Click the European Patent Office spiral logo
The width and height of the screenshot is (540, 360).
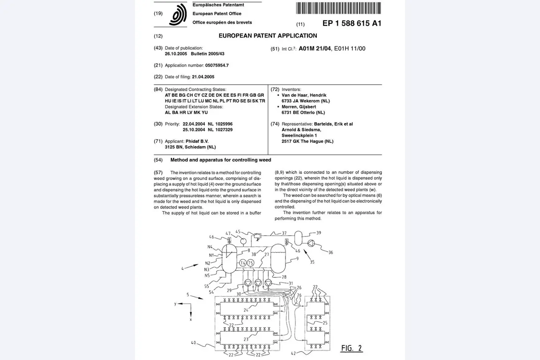coord(178,14)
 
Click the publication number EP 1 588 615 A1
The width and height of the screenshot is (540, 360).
coord(352,23)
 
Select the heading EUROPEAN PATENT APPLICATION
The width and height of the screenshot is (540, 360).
coord(267,36)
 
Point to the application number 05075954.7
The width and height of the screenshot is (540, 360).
coord(217,65)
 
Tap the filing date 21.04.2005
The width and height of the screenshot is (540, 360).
coord(203,77)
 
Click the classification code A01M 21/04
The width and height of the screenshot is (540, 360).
coord(315,48)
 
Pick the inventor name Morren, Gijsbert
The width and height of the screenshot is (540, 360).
coord(299,107)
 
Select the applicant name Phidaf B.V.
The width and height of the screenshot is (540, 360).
coord(197,141)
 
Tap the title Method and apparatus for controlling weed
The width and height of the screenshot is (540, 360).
coord(221,160)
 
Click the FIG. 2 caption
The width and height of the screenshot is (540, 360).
coord(351,348)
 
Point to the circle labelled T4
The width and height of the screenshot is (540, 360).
coord(243,263)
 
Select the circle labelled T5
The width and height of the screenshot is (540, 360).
coord(251,263)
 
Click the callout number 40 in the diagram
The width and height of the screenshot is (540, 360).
coord(193,343)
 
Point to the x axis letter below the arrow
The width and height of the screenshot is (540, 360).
coord(191,320)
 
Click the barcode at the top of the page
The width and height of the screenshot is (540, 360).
coord(338,8)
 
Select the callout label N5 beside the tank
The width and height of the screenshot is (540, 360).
coord(207,276)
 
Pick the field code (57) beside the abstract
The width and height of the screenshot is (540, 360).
coord(158,173)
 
